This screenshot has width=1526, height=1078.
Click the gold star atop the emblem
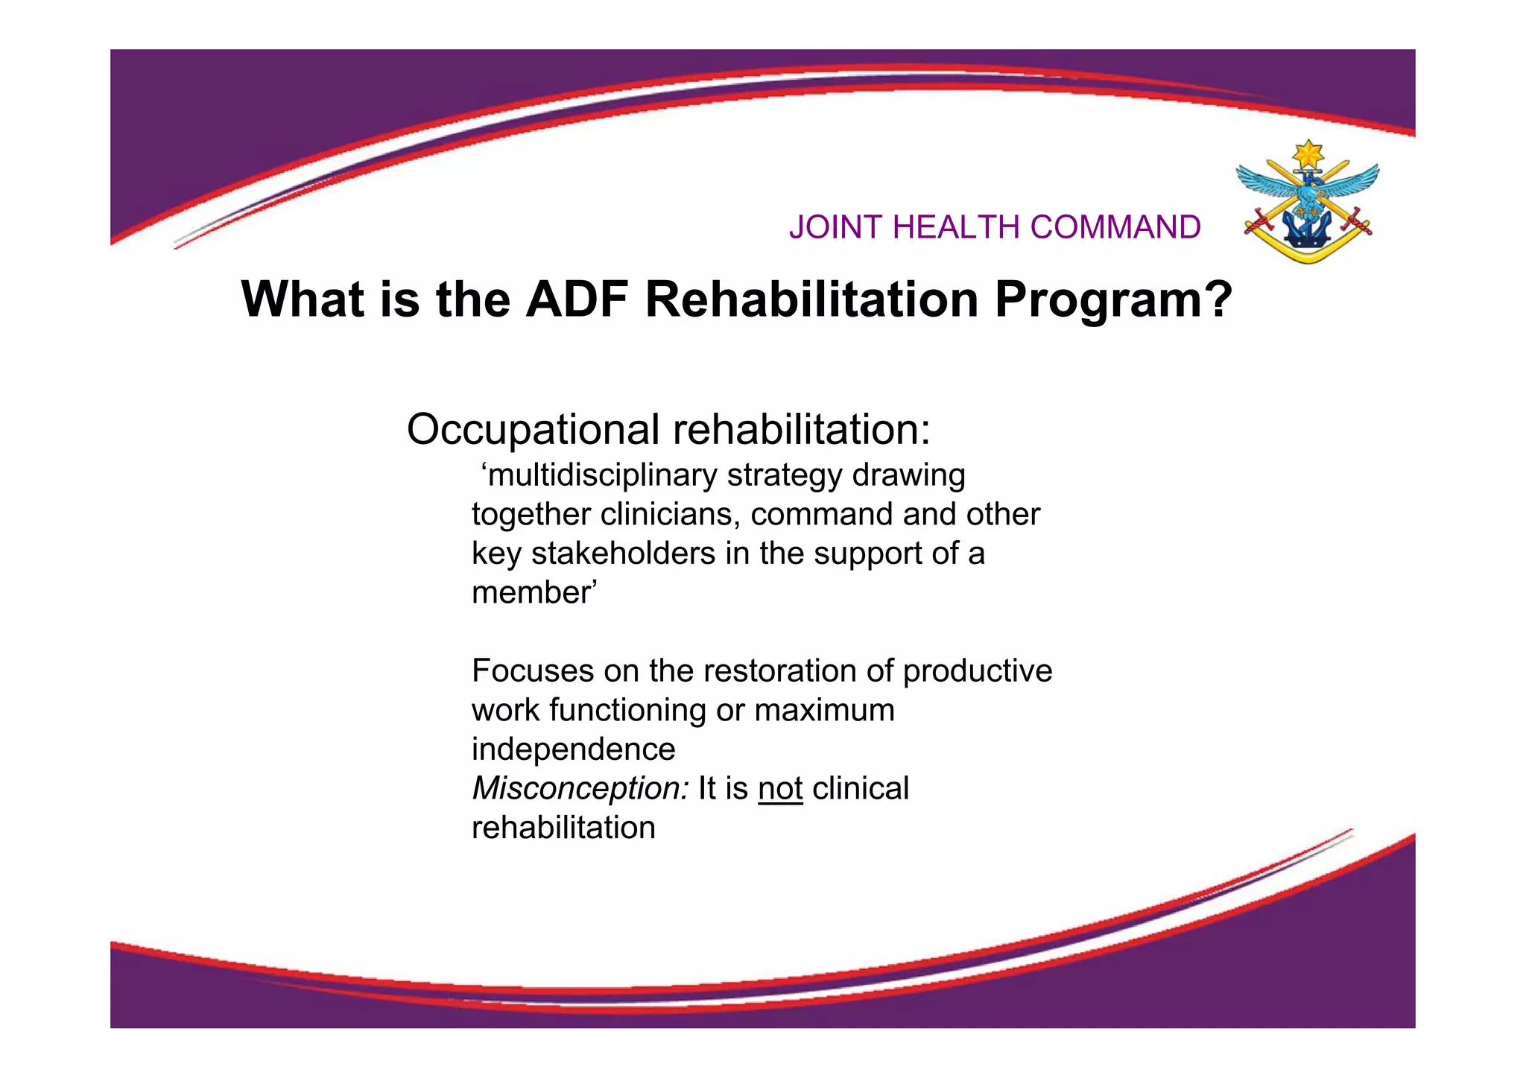click(1308, 154)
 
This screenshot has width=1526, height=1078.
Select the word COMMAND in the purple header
click(1115, 226)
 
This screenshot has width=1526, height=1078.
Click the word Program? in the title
click(1113, 299)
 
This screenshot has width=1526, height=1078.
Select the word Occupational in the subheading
click(534, 431)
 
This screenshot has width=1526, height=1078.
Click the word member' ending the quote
click(534, 593)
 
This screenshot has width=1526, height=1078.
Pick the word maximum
click(824, 711)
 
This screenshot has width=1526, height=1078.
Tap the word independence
click(573, 749)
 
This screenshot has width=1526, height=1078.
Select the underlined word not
click(780, 789)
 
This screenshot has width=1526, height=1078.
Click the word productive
click(978, 671)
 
